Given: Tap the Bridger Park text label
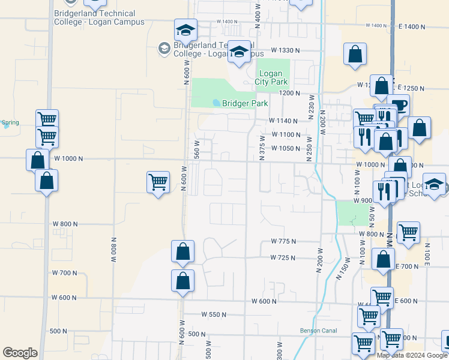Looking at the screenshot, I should [x=245, y=103].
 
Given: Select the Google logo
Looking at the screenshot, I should [x=20, y=353].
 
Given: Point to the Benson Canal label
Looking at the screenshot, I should [x=316, y=331].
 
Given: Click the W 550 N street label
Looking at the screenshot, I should [x=214, y=314].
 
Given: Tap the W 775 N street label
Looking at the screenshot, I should [x=284, y=241].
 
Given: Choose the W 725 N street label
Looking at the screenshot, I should [x=283, y=257].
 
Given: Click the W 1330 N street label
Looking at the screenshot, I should [x=285, y=50].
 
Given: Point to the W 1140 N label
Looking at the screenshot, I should [x=285, y=121].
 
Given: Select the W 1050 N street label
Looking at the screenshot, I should [x=285, y=148].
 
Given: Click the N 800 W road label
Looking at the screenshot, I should [x=113, y=250].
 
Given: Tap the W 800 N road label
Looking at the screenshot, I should [x=66, y=224].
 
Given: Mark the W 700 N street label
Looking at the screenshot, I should [x=65, y=273].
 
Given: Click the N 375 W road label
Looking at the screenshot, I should [x=262, y=148].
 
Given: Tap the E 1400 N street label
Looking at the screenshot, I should [x=411, y=26].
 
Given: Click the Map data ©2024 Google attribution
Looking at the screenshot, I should [x=412, y=355].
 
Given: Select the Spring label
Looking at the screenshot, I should [x=10, y=123].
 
